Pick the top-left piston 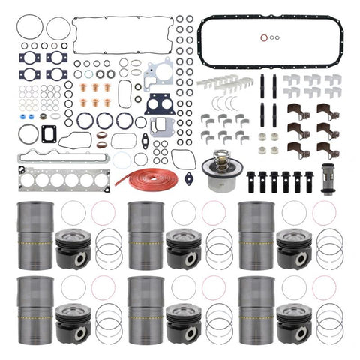pos(73,247)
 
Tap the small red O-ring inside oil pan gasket pos(262,37)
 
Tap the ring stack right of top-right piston pos(327,247)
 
